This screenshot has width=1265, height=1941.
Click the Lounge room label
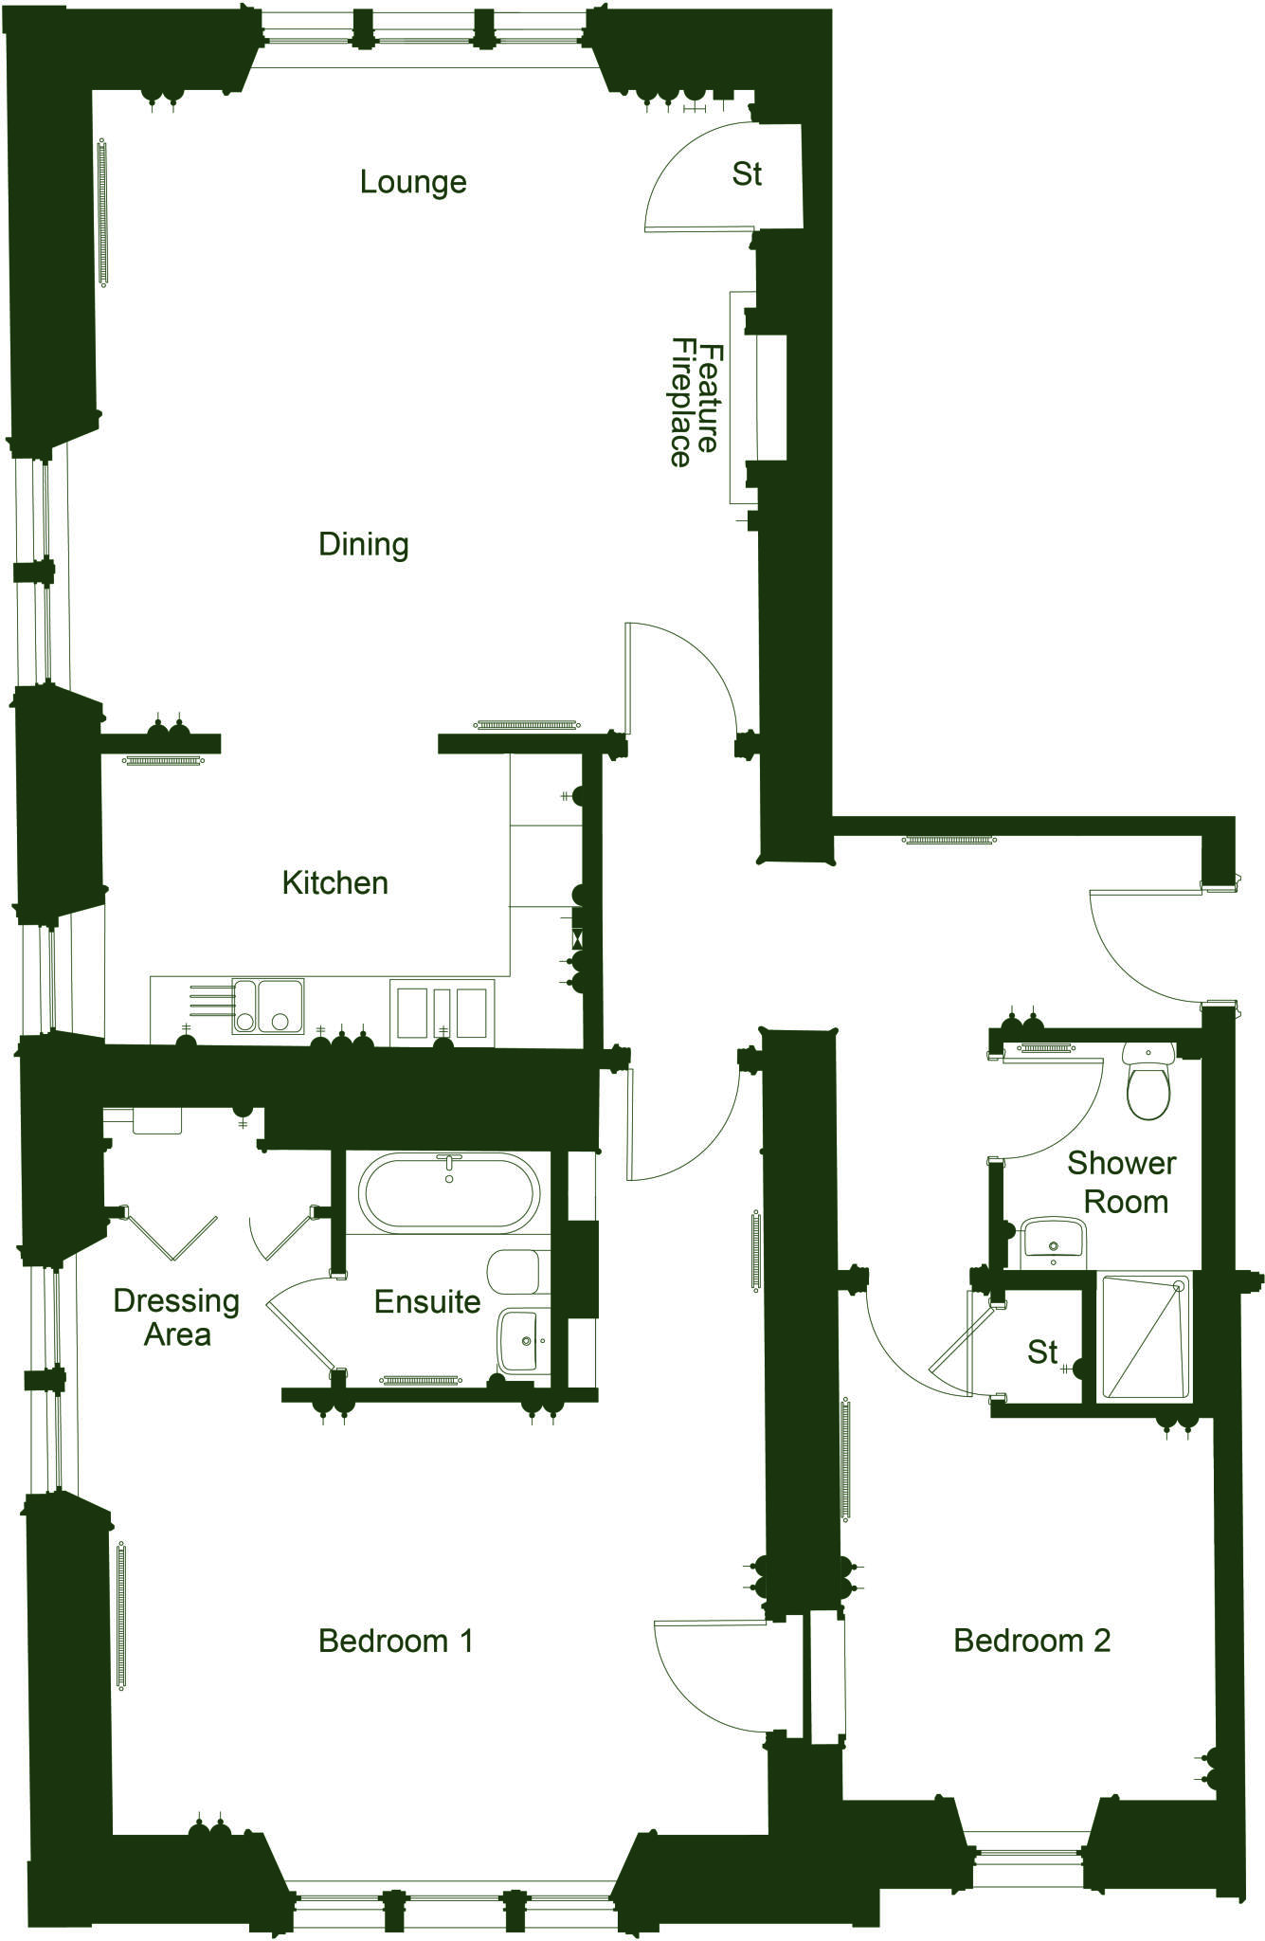[x=413, y=181]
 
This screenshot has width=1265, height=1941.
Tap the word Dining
[x=364, y=544]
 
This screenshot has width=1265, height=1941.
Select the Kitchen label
[x=335, y=882]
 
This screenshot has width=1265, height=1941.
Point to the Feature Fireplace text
[x=695, y=403]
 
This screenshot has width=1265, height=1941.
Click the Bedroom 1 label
[x=395, y=1640]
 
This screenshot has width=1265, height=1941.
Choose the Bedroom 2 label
[x=1032, y=1640]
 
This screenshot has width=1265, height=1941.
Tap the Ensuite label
[x=426, y=1301]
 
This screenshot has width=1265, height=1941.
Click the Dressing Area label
[x=176, y=1317]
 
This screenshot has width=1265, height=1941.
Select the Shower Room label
[x=1123, y=1182]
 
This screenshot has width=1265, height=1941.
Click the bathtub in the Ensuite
[x=450, y=1192]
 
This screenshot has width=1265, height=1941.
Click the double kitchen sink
[x=268, y=1007]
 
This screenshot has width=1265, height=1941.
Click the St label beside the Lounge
[x=747, y=174]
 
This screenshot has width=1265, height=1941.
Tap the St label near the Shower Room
[x=1042, y=1351]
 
